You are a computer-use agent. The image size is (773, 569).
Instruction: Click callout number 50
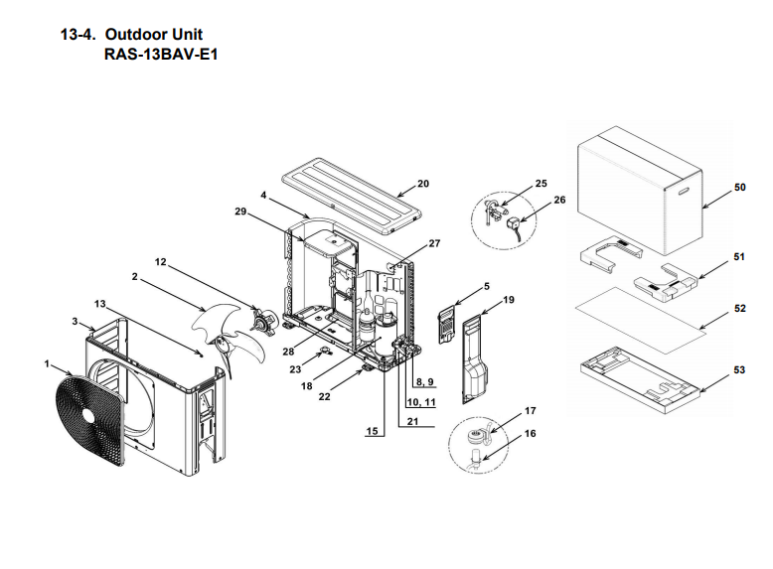coord(739,187)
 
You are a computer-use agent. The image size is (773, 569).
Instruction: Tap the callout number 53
coord(739,369)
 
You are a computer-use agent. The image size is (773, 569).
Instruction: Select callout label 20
coord(422,184)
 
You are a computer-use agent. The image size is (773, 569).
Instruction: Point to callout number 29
coord(240,213)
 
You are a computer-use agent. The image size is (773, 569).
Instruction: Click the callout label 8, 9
coord(423,381)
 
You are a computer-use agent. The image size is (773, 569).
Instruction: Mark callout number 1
coord(46,363)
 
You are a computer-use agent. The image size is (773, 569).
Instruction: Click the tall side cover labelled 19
coord(474,357)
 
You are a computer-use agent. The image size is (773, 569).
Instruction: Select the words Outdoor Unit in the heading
coord(160,34)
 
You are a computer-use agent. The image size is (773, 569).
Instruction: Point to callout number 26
coord(559,200)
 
